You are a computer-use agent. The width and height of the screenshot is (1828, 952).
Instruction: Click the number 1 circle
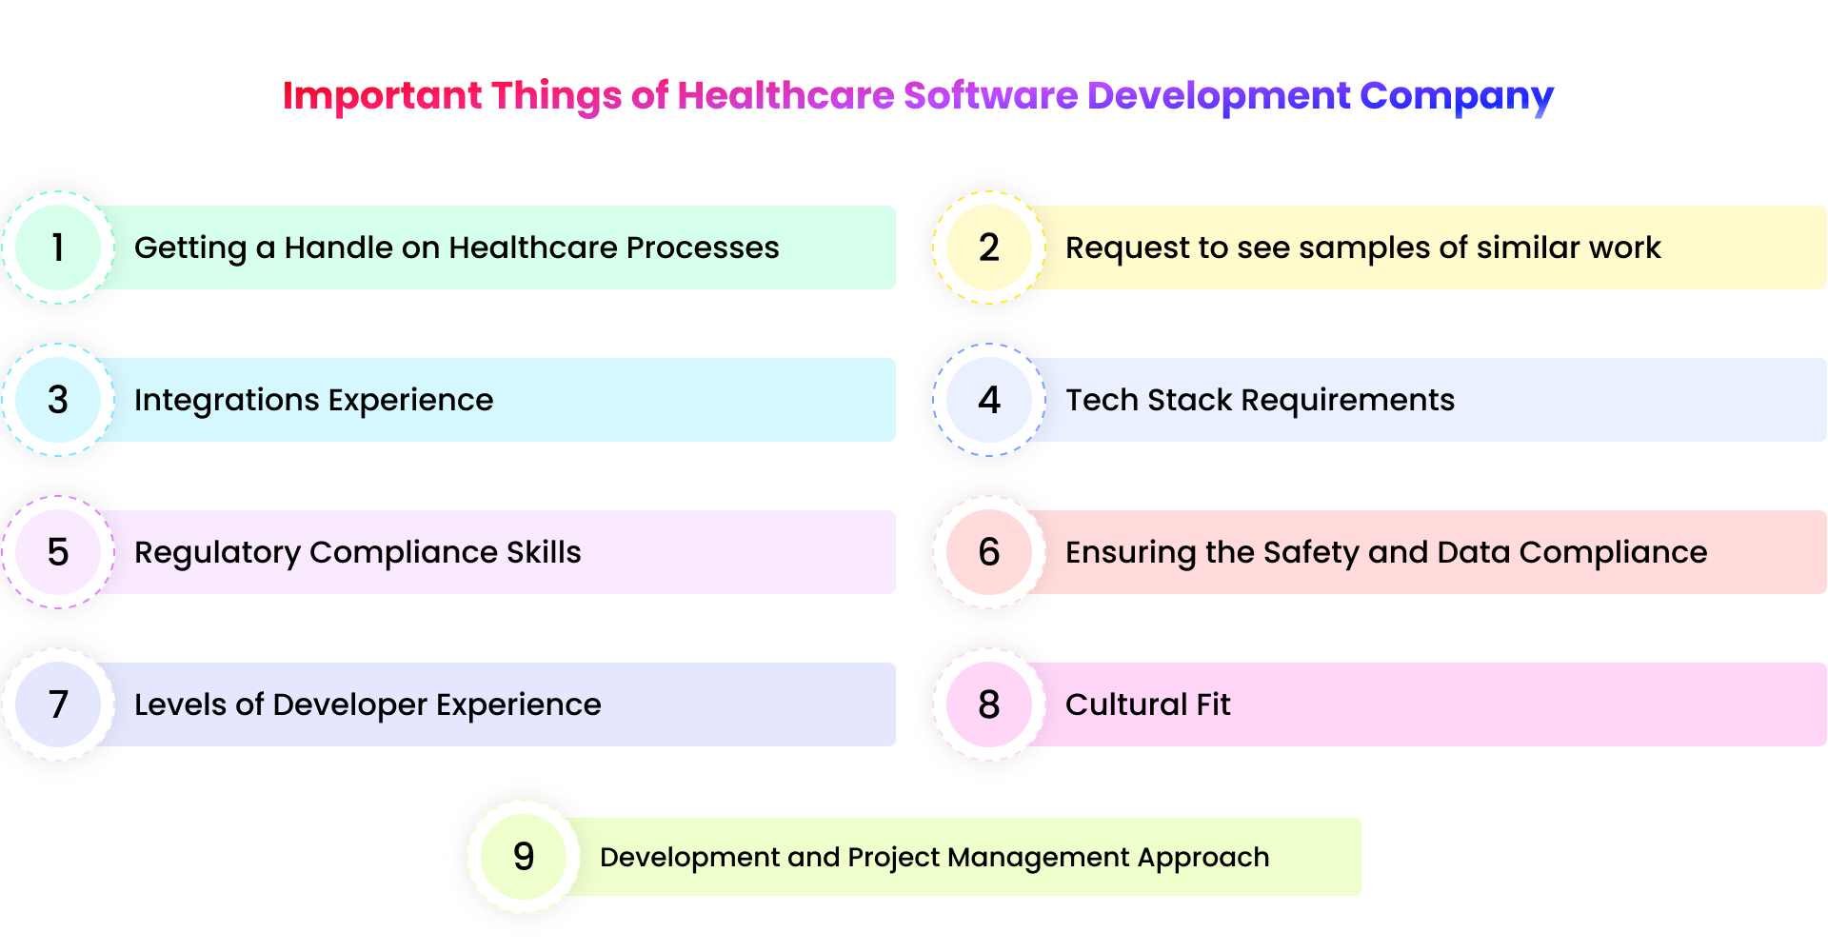(58, 248)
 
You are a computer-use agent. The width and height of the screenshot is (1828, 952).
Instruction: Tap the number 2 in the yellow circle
(989, 248)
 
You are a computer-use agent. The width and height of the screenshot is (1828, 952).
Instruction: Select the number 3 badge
(58, 400)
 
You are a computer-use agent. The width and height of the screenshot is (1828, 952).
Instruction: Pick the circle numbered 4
(989, 400)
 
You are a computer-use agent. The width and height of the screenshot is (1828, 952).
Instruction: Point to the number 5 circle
(58, 552)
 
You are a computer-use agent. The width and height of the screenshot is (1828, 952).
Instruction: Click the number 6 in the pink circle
(989, 552)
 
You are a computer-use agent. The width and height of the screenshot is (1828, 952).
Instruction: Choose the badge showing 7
(58, 704)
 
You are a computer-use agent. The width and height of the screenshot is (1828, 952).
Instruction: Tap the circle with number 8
(989, 704)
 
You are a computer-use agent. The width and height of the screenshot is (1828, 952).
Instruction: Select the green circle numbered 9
(524, 857)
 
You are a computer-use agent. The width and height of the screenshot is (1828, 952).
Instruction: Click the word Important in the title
(382, 96)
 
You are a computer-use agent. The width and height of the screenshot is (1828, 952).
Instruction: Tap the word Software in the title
(990, 96)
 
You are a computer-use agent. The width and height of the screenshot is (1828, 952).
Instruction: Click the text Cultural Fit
(1147, 704)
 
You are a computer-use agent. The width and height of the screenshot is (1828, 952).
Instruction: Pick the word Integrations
(226, 400)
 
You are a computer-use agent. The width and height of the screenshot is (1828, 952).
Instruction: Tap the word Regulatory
(217, 553)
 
